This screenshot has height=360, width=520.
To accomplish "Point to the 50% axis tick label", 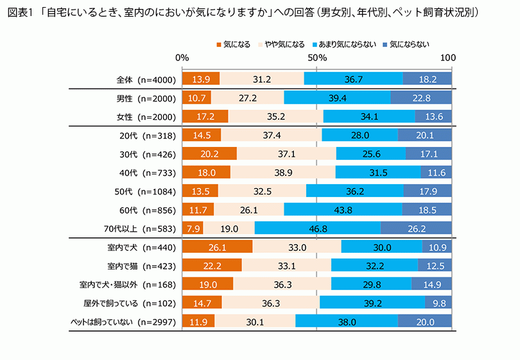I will [317, 57].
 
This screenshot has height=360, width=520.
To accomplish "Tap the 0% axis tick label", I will [182, 57].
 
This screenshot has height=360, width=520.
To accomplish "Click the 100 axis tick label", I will [448, 57].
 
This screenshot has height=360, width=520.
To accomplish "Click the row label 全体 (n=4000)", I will [146, 80].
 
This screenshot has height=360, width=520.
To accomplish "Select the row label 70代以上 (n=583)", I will [143, 228].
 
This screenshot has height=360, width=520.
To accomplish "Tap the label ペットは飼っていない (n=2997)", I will [123, 322].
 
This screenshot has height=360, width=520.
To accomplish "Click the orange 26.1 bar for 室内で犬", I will [217, 247].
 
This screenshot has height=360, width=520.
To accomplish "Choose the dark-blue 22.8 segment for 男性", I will [421, 98].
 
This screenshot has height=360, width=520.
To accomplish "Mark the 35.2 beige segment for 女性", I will [275, 117].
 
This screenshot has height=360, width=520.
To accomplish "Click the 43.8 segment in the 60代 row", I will [343, 209].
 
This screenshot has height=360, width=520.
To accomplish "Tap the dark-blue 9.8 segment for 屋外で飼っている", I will [438, 303].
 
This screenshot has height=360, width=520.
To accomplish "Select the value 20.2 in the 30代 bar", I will [209, 154].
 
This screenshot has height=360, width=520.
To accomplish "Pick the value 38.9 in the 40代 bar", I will [282, 173].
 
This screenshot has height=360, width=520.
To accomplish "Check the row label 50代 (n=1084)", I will [143, 191].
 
